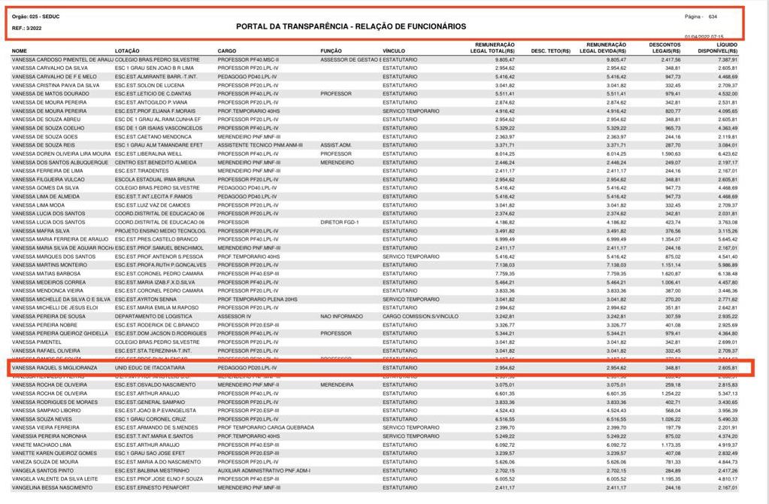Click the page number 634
point(713,16)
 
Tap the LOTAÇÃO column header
point(127,51)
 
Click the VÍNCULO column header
point(394,51)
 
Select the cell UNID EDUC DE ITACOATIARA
point(150,368)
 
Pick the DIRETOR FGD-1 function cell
point(341,223)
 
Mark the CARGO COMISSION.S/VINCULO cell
point(420,317)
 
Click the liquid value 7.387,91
point(727,59)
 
